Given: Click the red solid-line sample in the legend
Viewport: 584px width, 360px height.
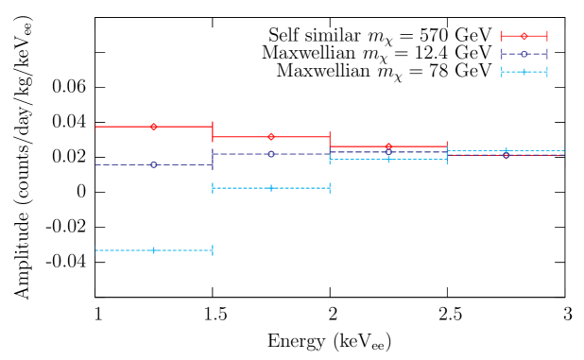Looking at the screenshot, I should point(524,36).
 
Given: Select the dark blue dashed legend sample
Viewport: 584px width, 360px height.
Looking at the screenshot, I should point(524,54).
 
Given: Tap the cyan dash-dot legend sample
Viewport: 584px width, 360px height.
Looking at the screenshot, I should point(524,72).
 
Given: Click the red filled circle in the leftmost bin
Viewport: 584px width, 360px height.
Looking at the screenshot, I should point(153,127).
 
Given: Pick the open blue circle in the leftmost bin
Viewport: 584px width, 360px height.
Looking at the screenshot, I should point(153,164).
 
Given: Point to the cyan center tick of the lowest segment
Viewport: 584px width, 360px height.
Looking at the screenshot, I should point(153,250).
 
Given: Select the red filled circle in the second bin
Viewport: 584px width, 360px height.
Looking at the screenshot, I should point(270,137).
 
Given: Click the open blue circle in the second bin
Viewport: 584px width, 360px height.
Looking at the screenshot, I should point(270,154).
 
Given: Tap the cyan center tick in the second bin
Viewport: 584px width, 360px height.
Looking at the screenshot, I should point(270,188).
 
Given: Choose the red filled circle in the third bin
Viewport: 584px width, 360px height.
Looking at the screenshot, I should point(388,146).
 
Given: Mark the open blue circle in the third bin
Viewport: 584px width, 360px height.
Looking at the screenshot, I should point(388,152).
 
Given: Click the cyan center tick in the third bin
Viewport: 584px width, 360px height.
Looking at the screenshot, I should point(388,160).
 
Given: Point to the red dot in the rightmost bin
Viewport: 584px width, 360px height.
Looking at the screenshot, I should point(506,156).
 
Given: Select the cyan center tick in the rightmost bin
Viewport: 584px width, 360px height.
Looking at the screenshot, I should point(506,150).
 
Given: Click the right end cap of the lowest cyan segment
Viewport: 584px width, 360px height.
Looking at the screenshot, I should point(213,250).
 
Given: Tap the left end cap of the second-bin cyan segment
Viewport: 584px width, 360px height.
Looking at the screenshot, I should point(213,188).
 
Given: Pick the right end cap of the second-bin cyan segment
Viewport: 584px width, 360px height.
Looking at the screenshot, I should point(329,188).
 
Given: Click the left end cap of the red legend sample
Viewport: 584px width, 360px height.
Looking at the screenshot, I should point(501,36).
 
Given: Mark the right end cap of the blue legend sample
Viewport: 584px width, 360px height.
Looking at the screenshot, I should point(546,54).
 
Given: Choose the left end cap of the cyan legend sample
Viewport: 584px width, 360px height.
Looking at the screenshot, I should point(501,72).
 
